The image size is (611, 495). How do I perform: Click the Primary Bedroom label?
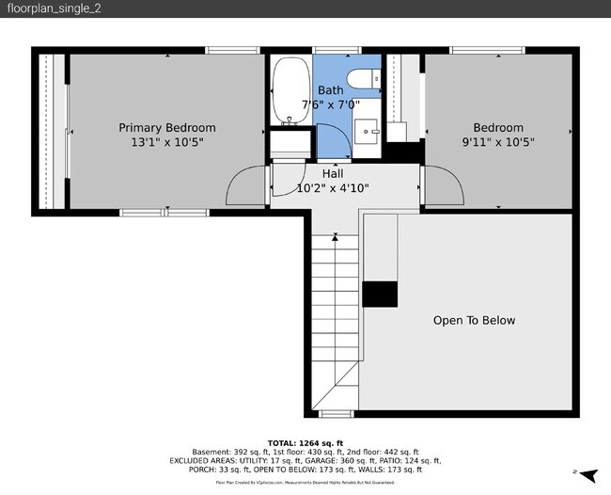pos(166,128)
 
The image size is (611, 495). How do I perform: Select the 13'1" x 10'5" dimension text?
pos(166,142)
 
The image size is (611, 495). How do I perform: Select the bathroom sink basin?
pos(367,130)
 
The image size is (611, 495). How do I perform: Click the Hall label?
pos(332,174)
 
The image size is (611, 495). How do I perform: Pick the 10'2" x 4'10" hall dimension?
pos(332,188)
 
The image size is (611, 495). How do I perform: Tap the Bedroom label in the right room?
pos(497,128)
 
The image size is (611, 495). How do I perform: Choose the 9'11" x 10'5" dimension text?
pos(497,142)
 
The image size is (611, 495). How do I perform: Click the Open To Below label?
pos(474,321)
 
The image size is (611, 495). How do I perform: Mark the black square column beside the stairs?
pos(380,294)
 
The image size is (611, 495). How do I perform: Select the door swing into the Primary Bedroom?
pos(247,185)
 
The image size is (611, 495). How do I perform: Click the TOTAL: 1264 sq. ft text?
pos(305,442)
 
